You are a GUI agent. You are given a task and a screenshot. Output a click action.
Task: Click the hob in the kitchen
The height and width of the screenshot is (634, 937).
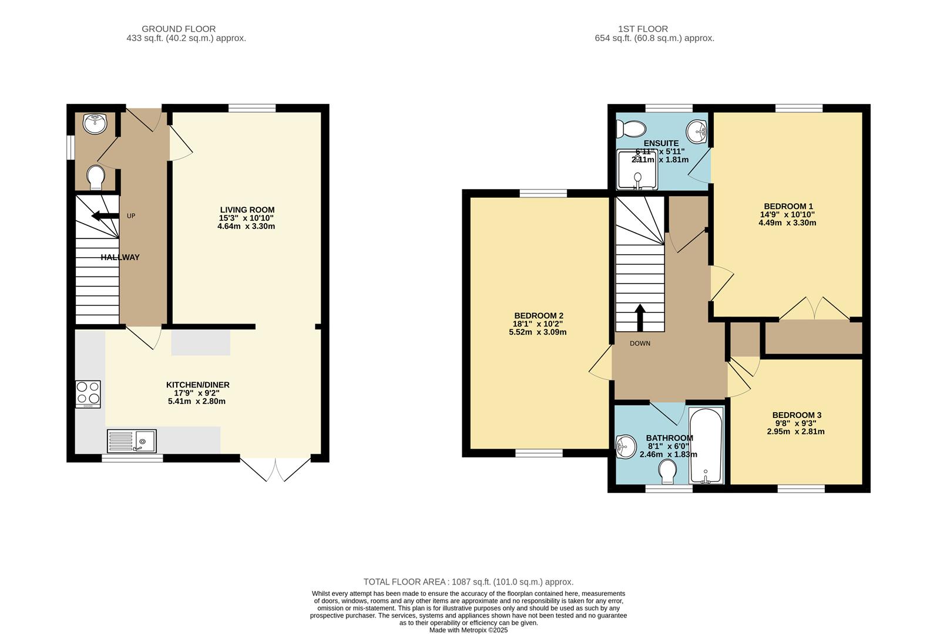[88, 394]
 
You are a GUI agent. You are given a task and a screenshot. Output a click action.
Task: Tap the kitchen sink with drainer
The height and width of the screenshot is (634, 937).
[132, 441]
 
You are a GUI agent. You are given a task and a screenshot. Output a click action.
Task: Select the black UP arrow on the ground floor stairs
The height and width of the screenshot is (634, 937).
[105, 215]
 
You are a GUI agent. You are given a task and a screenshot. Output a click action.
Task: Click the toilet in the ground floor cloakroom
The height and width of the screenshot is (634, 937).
[96, 178]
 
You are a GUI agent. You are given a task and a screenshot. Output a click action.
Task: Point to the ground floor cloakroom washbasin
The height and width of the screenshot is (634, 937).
[95, 123]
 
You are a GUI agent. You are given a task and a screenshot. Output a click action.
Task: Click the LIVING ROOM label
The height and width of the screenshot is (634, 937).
[247, 210]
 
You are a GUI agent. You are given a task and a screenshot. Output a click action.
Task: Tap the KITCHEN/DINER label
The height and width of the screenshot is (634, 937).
[198, 385]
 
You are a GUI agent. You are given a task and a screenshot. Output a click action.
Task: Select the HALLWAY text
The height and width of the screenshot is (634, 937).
[120, 258]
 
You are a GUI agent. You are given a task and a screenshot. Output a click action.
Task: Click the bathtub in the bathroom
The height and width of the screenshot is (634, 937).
[706, 446]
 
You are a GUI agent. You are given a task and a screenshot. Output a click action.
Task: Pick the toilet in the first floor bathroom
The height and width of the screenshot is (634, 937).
[667, 471]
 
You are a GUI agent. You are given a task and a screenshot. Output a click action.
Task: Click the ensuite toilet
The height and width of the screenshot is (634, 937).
[631, 129]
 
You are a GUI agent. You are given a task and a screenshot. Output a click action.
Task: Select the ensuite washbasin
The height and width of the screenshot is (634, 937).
[697, 131]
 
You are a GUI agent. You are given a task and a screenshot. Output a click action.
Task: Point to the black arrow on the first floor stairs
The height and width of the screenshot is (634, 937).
[640, 318]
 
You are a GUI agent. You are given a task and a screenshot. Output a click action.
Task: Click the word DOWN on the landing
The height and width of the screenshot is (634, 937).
[640, 343]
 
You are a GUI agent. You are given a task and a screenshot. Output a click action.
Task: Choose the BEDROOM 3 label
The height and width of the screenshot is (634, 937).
[797, 415]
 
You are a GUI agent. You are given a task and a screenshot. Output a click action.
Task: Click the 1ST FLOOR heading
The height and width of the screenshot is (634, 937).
[643, 29]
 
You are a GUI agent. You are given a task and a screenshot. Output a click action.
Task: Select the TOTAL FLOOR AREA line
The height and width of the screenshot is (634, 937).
[469, 582]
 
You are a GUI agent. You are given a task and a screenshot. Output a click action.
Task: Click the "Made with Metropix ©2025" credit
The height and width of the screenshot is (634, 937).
[469, 630]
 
